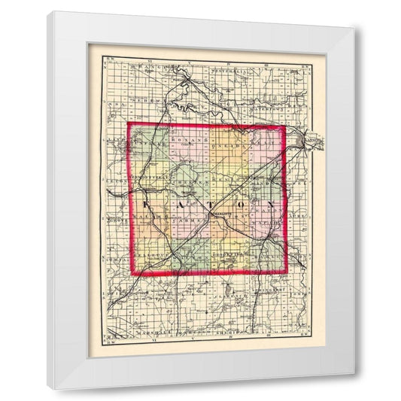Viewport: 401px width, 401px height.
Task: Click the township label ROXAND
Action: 187,140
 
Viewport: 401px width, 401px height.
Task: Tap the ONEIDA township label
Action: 225,140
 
